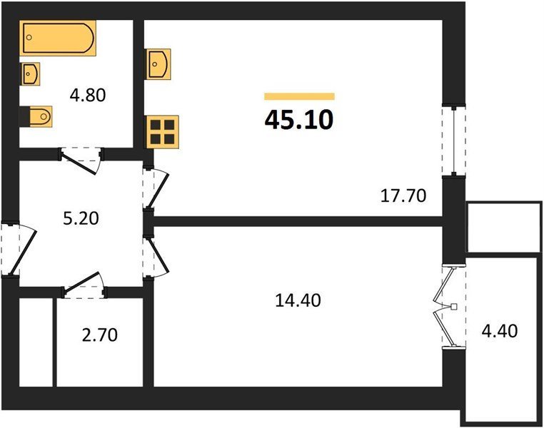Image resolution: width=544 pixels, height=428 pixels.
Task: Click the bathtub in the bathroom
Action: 58,38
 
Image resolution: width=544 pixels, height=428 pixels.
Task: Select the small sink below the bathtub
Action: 31,73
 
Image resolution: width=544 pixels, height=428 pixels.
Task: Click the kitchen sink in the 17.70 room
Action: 159,63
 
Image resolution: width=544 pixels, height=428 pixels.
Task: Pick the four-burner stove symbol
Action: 162,132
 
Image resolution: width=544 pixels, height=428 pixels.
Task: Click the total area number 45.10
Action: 298,120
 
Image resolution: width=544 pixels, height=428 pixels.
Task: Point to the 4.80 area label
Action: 87,95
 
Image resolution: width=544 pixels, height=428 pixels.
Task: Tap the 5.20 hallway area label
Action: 81,219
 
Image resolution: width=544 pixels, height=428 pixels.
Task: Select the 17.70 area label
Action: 403,195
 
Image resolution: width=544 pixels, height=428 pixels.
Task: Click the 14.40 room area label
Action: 298,300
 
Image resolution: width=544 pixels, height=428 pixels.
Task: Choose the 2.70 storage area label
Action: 99,335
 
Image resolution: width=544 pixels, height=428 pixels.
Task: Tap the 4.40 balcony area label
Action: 499,330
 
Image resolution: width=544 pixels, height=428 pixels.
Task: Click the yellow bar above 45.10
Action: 299,96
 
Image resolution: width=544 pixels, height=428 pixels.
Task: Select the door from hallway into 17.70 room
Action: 156,188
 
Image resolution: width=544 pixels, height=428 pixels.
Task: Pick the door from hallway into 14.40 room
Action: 156,257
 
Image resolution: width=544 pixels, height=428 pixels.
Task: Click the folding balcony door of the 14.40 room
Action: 449,307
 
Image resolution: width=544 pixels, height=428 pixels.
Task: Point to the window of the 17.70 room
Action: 454,140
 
